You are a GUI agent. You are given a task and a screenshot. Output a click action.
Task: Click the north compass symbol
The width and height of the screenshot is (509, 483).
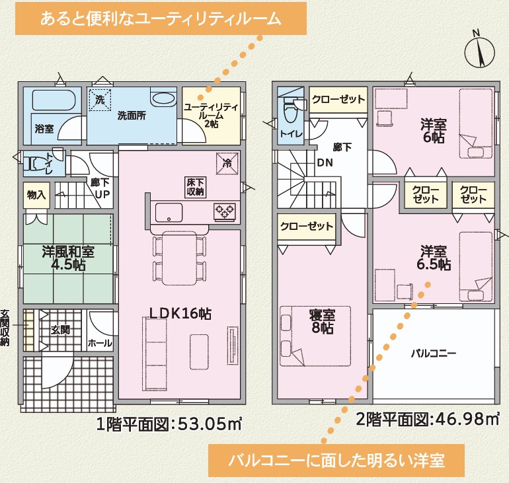click(x=479, y=52)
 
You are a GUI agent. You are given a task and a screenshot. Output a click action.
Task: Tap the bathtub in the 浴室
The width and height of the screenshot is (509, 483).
click(x=54, y=100)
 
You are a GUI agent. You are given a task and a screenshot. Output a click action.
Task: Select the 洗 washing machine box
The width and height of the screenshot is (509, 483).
click(x=100, y=100)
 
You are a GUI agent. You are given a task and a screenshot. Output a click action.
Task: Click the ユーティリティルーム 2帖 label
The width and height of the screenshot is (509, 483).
click(x=211, y=116)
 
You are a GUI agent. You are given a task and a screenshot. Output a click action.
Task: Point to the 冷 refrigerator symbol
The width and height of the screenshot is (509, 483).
click(x=227, y=163)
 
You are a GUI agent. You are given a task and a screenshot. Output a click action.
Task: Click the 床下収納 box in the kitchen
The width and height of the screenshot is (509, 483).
click(x=195, y=187)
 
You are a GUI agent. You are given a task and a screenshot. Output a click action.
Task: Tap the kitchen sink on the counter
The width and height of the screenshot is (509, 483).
click(x=169, y=213)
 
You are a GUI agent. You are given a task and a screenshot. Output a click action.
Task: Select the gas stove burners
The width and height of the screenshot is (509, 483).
click(x=224, y=212)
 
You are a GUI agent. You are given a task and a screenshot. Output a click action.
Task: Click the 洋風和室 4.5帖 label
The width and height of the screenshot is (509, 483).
click(x=68, y=258)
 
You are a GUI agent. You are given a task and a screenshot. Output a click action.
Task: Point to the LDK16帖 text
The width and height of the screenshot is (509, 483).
click(x=180, y=314)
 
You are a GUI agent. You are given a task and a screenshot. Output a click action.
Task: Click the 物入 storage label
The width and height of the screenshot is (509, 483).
click(x=36, y=195)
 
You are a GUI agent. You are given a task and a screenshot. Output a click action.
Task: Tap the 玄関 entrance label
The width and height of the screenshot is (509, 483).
click(x=60, y=330)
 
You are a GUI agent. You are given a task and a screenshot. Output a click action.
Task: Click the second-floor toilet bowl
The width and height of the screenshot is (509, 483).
click(x=291, y=111)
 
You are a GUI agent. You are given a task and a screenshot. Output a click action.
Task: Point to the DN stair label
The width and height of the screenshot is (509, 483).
click(x=325, y=162)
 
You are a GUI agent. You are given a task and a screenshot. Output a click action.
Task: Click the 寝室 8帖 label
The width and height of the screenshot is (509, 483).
click(x=323, y=322)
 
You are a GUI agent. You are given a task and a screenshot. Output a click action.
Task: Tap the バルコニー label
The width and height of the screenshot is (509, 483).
click(x=434, y=353)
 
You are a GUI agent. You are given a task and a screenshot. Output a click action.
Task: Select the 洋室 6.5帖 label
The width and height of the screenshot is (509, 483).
click(x=434, y=258)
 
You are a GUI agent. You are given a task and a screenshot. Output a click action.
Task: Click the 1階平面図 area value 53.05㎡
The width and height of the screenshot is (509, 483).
click(x=210, y=424)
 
